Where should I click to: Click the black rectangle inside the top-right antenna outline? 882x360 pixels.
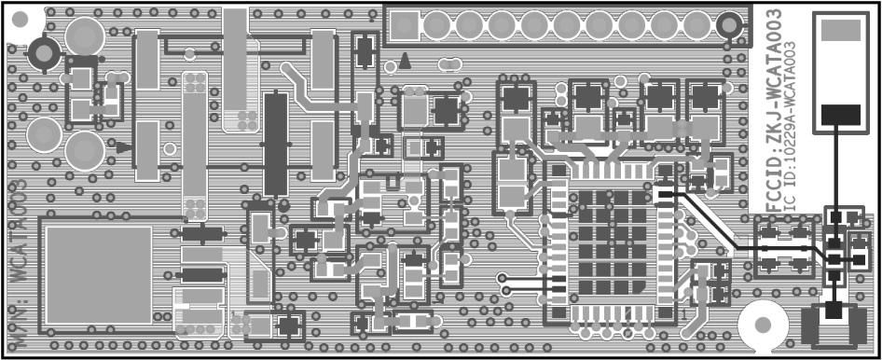click(x=840, y=116)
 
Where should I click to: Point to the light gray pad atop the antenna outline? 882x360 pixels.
click(x=840, y=31)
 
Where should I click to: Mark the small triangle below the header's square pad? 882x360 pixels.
click(x=406, y=62)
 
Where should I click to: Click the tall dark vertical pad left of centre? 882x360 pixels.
click(x=276, y=145)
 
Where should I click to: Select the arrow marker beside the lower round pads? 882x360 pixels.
click(x=121, y=145)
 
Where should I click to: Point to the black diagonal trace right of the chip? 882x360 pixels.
click(x=709, y=220)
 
